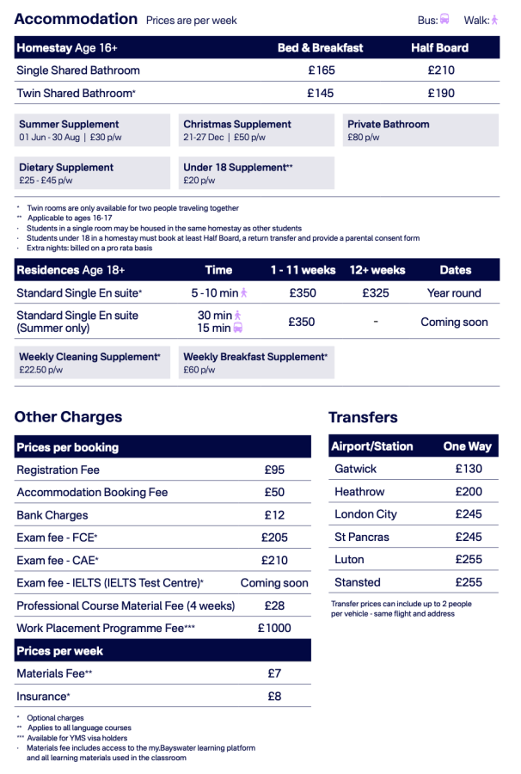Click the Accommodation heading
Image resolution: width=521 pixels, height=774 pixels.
tap(76, 19)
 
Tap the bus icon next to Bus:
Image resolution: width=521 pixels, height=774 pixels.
tap(444, 19)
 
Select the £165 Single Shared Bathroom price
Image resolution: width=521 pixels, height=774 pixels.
tap(321, 71)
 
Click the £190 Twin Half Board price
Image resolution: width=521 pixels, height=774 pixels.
tap(440, 93)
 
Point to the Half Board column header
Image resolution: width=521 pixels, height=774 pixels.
tap(440, 48)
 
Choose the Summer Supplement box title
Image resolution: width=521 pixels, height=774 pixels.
tap(69, 125)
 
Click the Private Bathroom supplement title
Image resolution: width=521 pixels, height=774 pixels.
tap(388, 125)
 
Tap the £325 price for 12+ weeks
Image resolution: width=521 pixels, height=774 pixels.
tap(377, 293)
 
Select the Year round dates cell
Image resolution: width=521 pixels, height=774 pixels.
tap(454, 293)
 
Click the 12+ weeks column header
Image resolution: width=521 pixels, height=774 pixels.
tap(377, 270)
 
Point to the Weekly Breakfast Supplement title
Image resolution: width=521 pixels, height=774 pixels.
tap(254, 357)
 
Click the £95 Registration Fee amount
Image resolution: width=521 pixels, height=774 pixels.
tap(274, 470)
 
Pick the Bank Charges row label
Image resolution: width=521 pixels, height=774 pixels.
tap(52, 515)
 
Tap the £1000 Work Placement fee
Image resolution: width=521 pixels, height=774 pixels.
tap(274, 629)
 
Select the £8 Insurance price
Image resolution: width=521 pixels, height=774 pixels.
tap(274, 697)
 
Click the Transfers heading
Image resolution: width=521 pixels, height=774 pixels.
tap(363, 418)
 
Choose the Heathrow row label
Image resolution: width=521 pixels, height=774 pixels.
tap(359, 492)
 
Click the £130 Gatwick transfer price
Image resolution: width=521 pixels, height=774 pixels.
tap(469, 470)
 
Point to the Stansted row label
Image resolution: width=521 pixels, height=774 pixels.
tap(358, 582)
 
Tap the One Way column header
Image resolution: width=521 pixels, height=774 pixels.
tap(467, 446)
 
